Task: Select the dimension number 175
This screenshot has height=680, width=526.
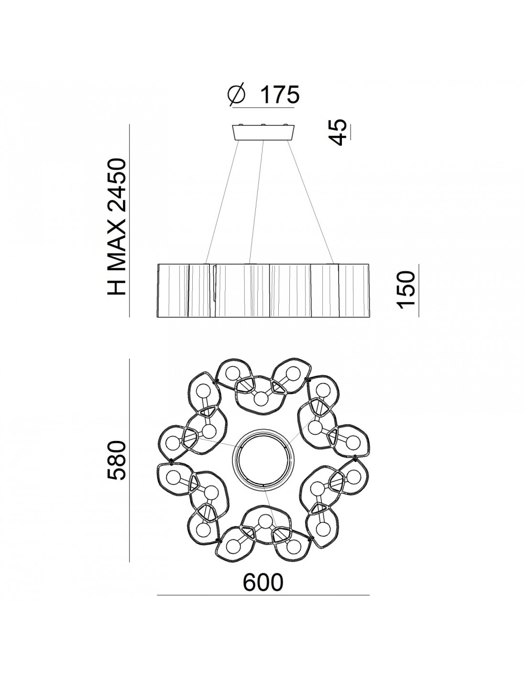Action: [x=279, y=94]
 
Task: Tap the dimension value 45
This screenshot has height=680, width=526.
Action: [x=339, y=132]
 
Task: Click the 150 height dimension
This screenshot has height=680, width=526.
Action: [x=406, y=290]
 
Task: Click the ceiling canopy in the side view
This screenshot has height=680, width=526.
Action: [x=263, y=132]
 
